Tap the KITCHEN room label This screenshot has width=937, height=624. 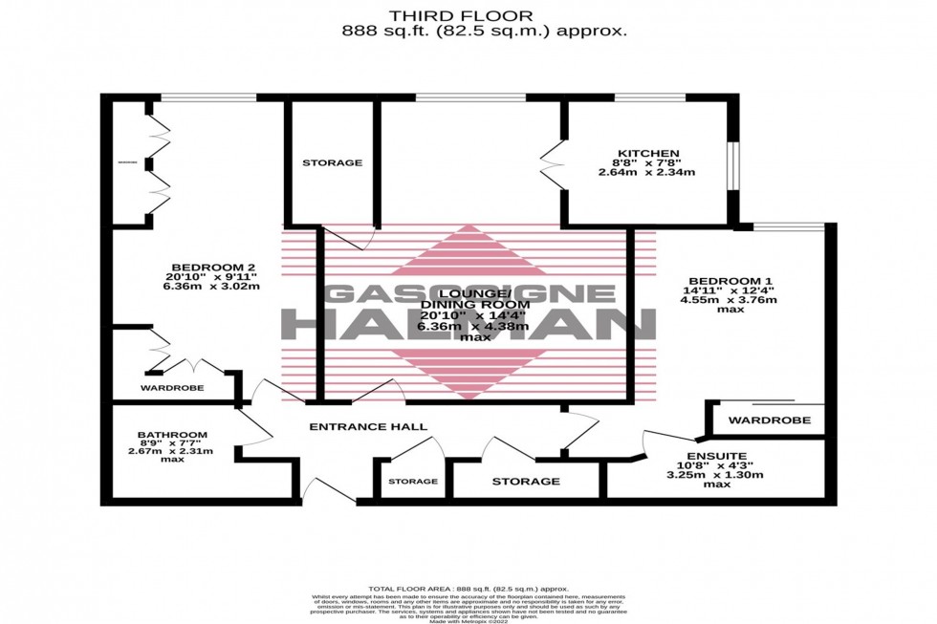point(647,153)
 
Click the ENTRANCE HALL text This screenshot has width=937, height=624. point(367,426)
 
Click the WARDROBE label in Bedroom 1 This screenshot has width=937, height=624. point(769,420)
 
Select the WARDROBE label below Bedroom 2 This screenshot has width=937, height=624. point(169,389)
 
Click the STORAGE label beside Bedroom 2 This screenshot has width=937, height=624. point(332,162)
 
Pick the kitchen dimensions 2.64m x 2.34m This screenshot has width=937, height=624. point(646,173)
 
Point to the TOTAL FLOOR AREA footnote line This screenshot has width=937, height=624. point(468,589)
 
